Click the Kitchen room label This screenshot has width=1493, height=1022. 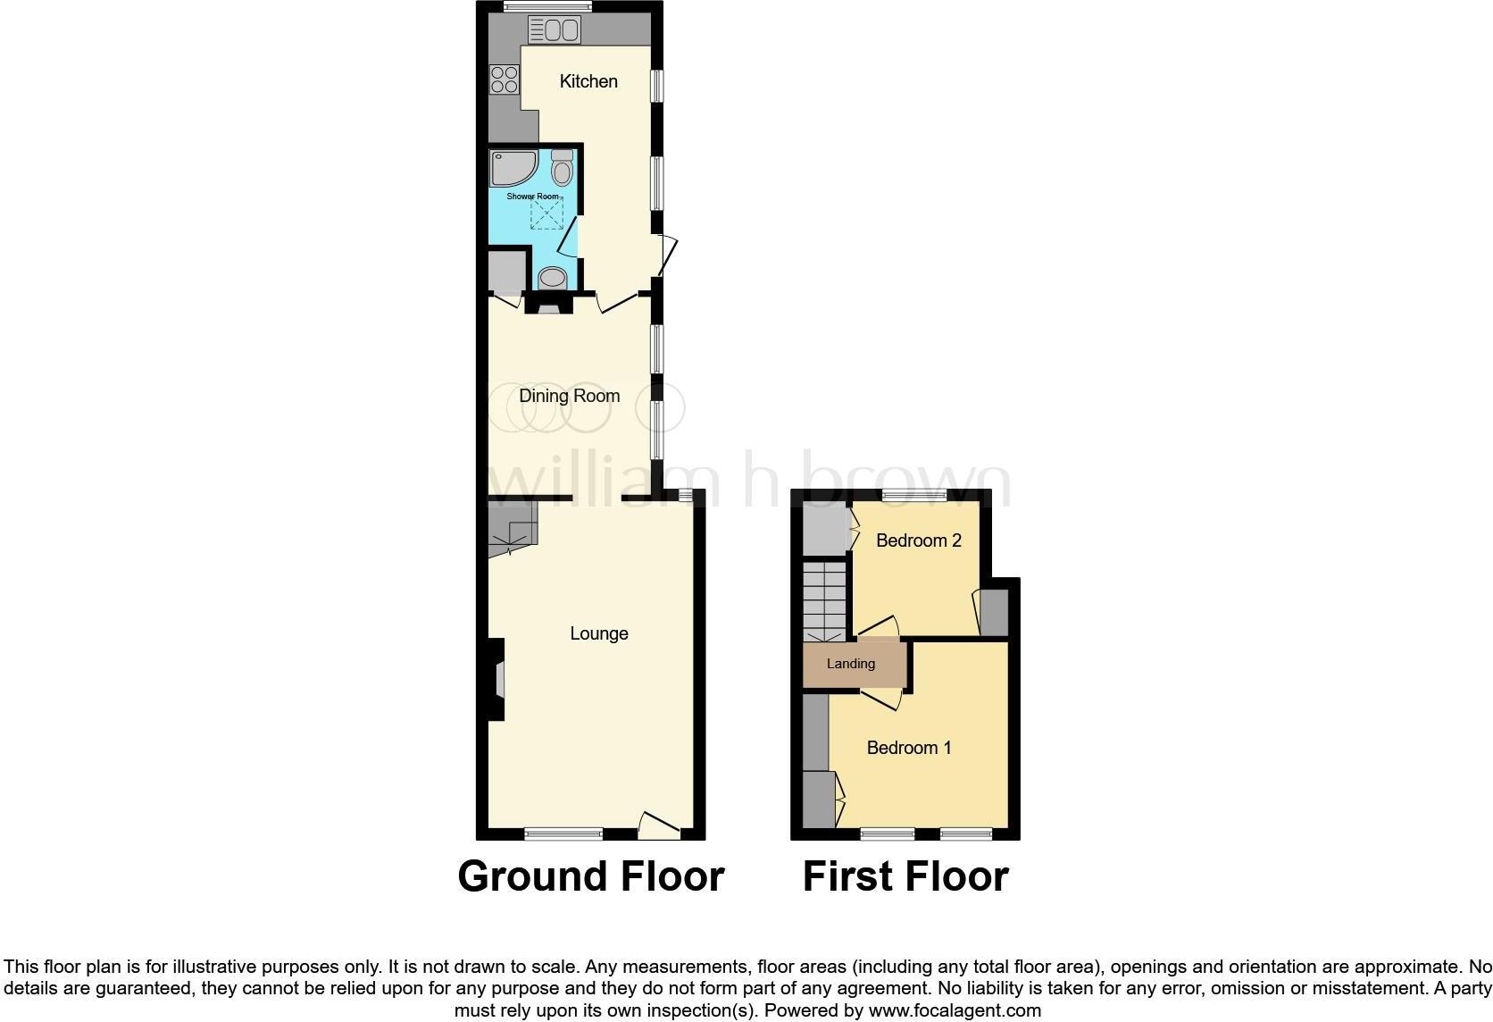click(588, 81)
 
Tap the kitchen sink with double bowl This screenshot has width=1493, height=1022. click(555, 31)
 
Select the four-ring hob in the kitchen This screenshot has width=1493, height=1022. click(505, 80)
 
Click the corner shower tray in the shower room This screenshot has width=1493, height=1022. click(512, 167)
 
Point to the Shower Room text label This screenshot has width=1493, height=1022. click(532, 197)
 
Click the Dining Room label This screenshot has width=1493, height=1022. click(569, 396)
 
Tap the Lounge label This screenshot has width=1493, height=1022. click(598, 633)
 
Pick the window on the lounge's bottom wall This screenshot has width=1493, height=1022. click(563, 834)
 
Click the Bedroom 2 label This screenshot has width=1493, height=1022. click(918, 540)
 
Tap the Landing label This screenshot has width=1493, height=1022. click(850, 664)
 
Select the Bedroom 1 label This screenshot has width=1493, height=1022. click(909, 748)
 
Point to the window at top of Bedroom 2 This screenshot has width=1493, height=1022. click(914, 494)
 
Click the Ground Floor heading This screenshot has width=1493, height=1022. click(590, 876)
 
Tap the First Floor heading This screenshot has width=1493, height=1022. click(905, 876)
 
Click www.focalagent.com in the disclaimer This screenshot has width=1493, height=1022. click(955, 1011)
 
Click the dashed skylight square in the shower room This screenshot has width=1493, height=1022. click(547, 214)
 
